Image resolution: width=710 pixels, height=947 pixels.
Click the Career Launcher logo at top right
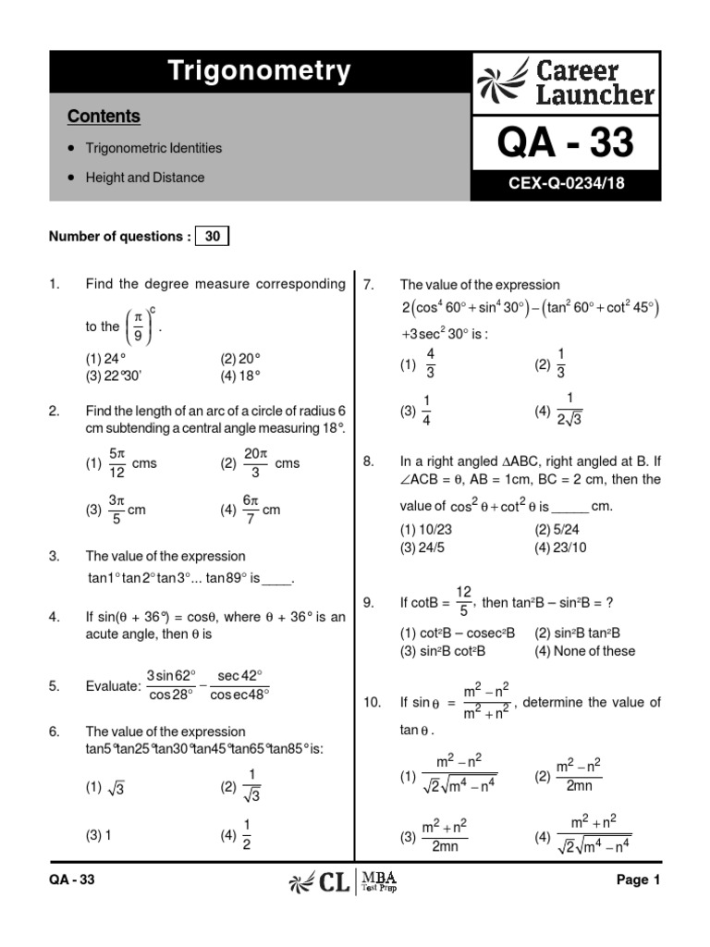pos(566,82)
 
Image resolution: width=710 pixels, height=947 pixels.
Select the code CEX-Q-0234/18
pos(566,184)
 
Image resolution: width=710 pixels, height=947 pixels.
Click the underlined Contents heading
pos(104,117)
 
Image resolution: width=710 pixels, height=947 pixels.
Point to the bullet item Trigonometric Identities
pos(153,148)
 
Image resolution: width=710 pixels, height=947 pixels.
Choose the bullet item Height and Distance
pos(145,178)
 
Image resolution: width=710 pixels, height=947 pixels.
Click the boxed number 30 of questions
pos(212,237)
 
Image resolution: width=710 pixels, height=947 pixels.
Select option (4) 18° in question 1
pos(240,375)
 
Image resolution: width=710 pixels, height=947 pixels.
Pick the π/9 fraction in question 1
pos(138,326)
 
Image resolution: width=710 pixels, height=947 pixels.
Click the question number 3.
pos(54,557)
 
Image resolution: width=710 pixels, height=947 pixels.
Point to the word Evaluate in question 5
pos(113,685)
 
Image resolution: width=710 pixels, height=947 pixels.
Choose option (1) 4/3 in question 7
pos(418,364)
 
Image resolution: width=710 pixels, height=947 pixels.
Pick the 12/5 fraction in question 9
pos(464,602)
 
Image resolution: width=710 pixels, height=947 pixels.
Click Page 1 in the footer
pos(638,880)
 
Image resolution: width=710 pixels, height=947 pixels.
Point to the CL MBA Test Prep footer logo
pos(354,881)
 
